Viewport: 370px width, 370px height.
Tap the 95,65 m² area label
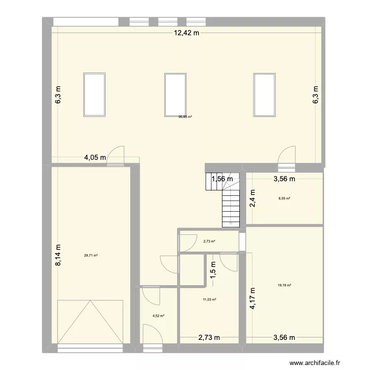point(185,117)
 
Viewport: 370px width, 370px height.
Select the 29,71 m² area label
point(91,255)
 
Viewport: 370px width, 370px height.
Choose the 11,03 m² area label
point(210,299)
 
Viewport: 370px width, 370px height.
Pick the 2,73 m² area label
point(209,241)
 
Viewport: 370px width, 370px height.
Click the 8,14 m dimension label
point(58,256)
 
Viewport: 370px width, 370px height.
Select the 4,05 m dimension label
point(95,158)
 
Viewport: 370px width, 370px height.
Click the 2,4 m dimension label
point(253,197)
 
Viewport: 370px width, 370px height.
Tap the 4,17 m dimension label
point(253,298)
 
